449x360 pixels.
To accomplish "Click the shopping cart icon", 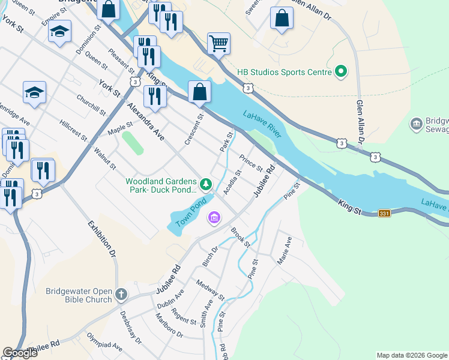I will (x=218, y=43).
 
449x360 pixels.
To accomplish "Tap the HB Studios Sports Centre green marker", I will (x=341, y=72).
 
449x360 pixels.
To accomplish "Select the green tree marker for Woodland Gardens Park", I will (x=206, y=184).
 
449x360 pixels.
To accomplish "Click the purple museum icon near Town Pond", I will (x=213, y=217).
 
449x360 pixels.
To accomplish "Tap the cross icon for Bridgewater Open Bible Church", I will (x=121, y=294).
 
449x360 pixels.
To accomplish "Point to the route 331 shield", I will (x=385, y=212).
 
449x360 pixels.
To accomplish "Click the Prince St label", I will (x=251, y=163).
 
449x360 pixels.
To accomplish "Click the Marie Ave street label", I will (x=284, y=251).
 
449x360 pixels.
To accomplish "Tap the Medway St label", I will (x=209, y=290).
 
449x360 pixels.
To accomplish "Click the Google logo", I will (x=20, y=352).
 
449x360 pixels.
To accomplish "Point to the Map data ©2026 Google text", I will (x=411, y=355).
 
